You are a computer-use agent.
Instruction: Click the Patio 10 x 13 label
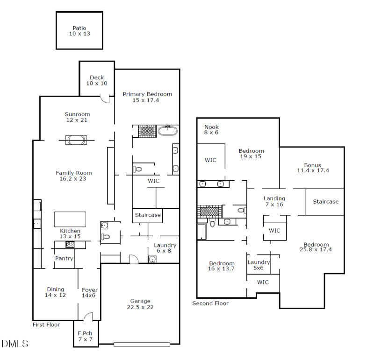pos(79,31)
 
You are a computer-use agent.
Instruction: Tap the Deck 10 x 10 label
pos(97,80)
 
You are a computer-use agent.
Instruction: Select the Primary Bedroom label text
pos(147,97)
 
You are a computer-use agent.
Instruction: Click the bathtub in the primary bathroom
pos(168,130)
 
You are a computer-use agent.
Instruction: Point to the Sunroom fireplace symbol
pos(76,139)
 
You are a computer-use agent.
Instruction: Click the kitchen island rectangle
pos(70,219)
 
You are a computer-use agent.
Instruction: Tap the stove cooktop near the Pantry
pos(70,244)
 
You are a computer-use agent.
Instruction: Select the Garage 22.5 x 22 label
pos(140,304)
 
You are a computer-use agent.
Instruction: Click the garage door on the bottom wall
pos(142,345)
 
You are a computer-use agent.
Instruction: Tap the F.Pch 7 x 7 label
pos(85,336)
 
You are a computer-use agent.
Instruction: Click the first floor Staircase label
pos(148,215)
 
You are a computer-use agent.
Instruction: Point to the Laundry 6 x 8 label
pos(165,248)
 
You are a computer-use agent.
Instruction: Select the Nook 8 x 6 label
pos(211,129)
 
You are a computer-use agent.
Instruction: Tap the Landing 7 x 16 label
pos(274,201)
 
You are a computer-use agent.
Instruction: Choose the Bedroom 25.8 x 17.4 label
pos(316,247)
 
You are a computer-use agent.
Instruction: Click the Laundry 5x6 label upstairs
pos(259,265)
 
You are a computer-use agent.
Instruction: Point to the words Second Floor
pos(210,304)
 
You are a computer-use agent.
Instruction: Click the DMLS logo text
pos(15,344)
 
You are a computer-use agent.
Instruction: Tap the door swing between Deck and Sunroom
pos(106,99)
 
